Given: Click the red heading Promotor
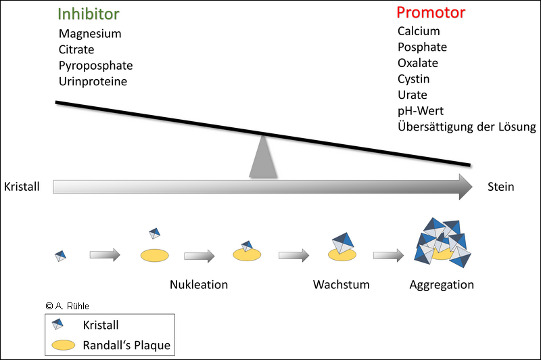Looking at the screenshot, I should tap(431, 13).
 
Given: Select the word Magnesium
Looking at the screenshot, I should tap(90, 34).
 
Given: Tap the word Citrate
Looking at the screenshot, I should tap(76, 49).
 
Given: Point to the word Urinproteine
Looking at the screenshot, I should tap(93, 81).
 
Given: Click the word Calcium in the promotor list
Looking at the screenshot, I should tap(419, 31).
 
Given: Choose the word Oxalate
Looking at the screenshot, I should tap(418, 63).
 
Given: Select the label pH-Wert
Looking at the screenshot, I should tap(421, 111).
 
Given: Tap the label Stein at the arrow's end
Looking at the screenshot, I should tap(500, 187).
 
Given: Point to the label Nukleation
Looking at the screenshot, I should tap(198, 284).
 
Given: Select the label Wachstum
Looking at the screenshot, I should tap(341, 284).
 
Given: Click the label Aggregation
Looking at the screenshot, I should tap(442, 284).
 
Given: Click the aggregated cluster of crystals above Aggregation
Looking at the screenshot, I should tap(442, 244).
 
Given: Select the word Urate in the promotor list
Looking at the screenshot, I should tap(413, 95).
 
